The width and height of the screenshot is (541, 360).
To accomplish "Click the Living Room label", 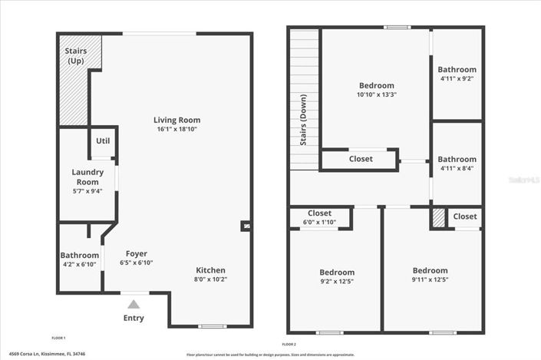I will click(176, 121).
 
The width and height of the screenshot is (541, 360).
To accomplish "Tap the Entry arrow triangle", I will click(134, 305).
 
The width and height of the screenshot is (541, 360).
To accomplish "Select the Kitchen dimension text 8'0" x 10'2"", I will click(210, 279).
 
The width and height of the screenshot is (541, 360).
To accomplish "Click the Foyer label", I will click(136, 254).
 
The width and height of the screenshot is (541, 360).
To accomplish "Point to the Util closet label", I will click(103, 140).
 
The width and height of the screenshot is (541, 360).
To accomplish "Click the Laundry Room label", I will click(87, 177).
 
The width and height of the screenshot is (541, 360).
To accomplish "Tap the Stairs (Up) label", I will click(75, 56).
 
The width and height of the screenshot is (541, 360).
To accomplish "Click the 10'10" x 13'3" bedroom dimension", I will click(376, 95).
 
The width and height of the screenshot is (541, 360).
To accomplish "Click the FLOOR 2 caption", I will click(289, 343).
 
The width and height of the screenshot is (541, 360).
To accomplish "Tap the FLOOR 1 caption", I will click(58, 339).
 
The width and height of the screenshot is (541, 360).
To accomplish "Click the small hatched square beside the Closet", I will click(437, 219).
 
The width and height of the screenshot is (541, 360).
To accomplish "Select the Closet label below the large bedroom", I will click(361, 159).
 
